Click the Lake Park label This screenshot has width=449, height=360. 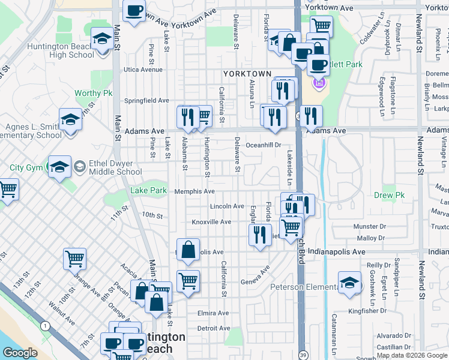point(148,191)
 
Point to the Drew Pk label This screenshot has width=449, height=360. point(388,196)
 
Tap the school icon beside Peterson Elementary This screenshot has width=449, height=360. point(349,284)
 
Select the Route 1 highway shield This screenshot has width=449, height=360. point(44,325)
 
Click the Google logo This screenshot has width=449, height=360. point(20,353)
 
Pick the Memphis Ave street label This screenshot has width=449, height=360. point(194,191)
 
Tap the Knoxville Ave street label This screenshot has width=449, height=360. point(211,222)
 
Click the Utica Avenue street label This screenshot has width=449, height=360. point(143,70)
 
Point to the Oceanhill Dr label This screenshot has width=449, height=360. point(264,145)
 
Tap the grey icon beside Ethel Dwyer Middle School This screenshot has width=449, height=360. point(79,166)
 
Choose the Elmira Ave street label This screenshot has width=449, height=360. point(213,313)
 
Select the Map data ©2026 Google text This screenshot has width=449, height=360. point(412,355)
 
